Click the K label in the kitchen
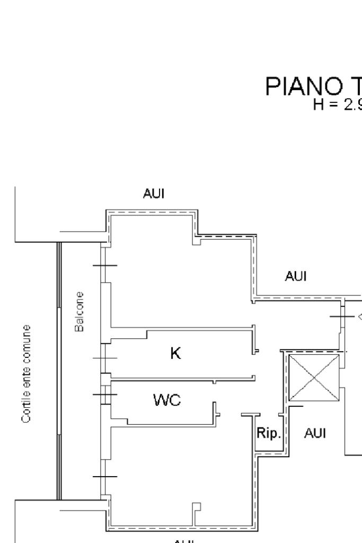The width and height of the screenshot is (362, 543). [175, 353]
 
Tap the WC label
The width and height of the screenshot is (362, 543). [167, 401]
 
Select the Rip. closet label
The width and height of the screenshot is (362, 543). [268, 434]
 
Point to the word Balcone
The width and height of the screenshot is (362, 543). [80, 312]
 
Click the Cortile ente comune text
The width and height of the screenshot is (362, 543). [25, 374]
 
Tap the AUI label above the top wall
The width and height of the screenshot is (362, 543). [153, 194]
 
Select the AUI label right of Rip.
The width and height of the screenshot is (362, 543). [315, 434]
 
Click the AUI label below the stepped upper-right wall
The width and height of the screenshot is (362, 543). [295, 276]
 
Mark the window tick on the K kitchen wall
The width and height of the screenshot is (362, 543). [104, 358]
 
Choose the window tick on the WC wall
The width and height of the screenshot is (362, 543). [104, 394]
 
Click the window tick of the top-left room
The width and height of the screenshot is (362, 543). [104, 265]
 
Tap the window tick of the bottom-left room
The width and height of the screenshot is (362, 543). [104, 477]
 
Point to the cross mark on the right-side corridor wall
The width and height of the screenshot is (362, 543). [341, 317]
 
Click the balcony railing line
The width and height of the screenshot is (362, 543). [59, 371]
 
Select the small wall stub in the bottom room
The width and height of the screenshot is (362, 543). [197, 513]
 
